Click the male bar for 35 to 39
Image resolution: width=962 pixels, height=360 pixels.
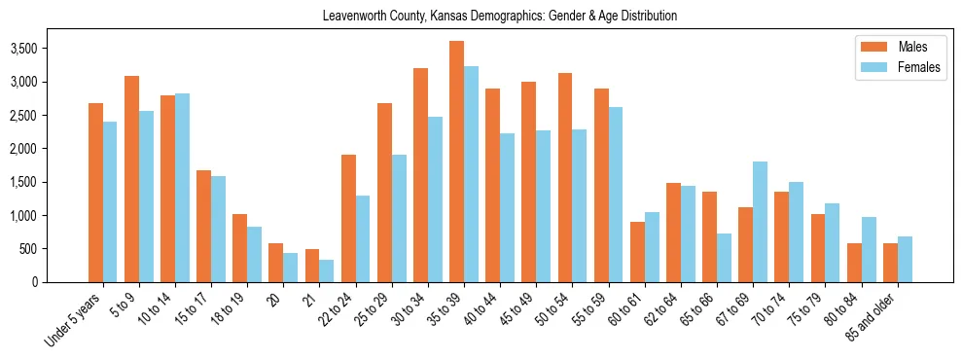tap(456, 162)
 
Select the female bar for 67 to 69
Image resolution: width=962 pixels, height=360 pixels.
tap(760, 222)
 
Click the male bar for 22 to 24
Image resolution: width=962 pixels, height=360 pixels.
tap(348, 218)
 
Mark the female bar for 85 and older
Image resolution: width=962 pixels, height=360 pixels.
tap(905, 259)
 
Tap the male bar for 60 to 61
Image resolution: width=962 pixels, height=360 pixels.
tap(637, 252)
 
